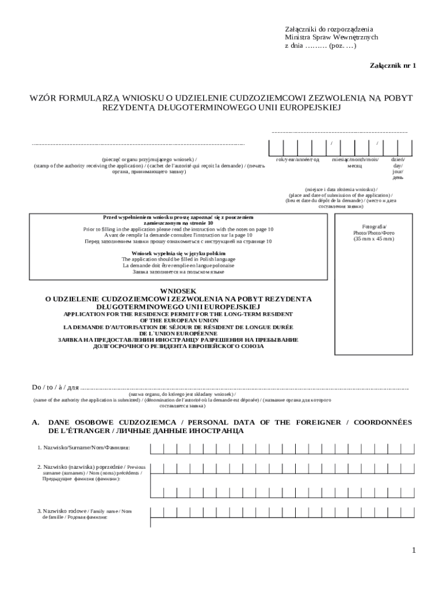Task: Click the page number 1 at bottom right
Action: click(x=413, y=550)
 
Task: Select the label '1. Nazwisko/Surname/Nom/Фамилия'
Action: click(x=83, y=448)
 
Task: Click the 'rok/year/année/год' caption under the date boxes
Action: click(x=297, y=159)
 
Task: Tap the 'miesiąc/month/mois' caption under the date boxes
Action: click(x=355, y=159)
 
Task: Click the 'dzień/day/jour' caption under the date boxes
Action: click(x=398, y=159)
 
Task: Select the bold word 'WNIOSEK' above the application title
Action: click(x=179, y=291)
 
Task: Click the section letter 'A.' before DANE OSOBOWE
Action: click(x=35, y=422)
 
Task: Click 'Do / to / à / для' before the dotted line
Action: click(x=55, y=387)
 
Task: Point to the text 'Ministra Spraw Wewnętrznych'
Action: click(x=331, y=37)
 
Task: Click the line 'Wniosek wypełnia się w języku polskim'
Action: click(x=178, y=253)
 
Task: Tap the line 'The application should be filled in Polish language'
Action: click(x=178, y=259)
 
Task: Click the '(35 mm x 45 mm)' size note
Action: click(x=373, y=239)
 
